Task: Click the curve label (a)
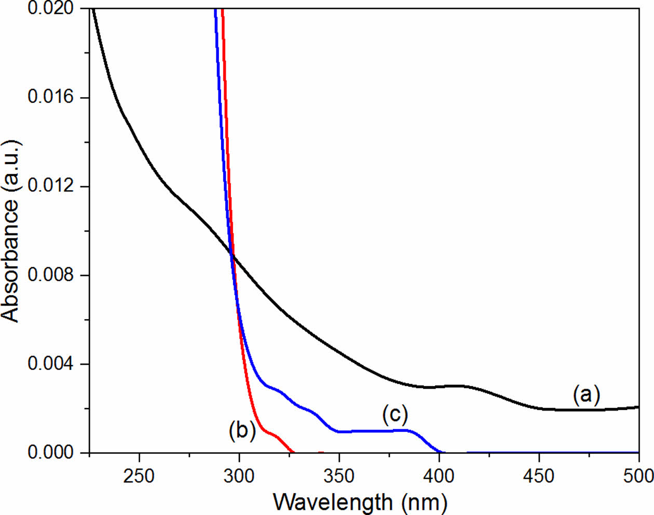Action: click(586, 395)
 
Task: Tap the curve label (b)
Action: click(242, 431)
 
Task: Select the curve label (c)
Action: click(395, 414)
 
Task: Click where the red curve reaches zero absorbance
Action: click(293, 452)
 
